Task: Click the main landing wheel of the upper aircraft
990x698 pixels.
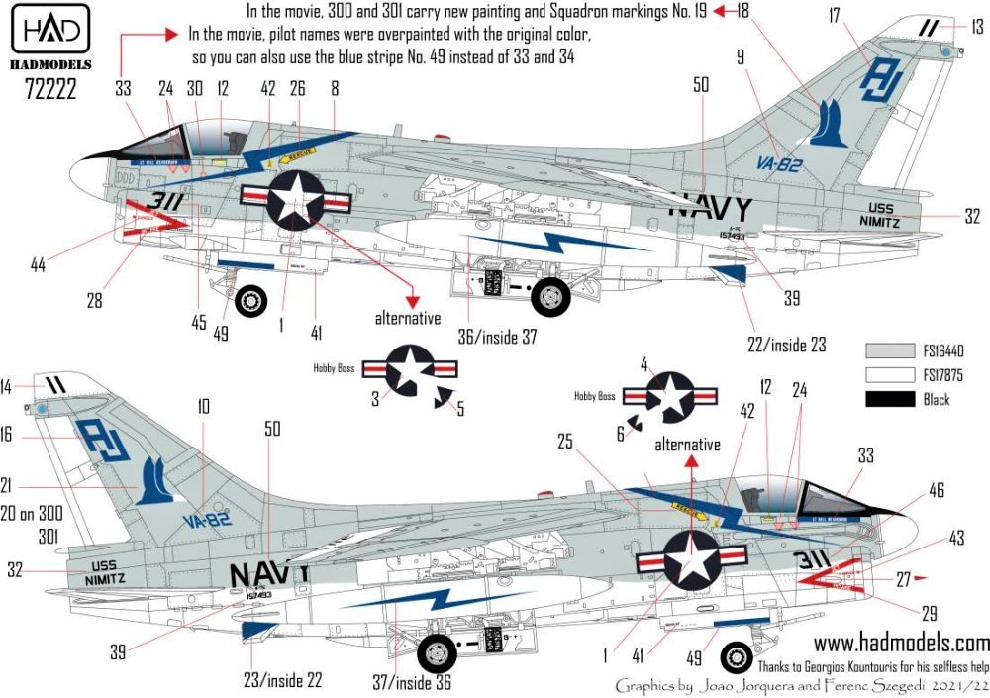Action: coord(548,295)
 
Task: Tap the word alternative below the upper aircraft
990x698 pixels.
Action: coord(407,319)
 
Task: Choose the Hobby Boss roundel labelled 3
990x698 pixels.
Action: coord(409,370)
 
